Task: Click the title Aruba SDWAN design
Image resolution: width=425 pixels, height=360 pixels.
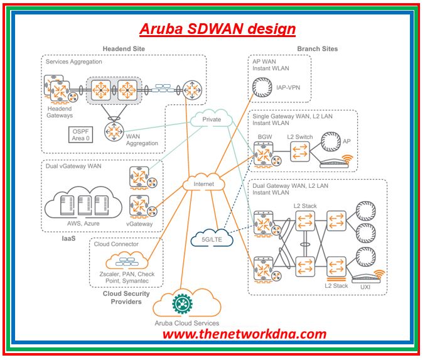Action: click(x=217, y=29)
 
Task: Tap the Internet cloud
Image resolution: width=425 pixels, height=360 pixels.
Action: click(x=203, y=184)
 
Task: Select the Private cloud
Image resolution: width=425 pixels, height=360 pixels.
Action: click(x=212, y=119)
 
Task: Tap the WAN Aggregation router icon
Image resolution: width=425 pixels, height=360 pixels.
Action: click(x=114, y=131)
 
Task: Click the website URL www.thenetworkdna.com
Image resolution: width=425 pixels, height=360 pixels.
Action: click(x=244, y=334)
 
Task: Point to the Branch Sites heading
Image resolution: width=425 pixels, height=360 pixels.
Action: click(x=317, y=49)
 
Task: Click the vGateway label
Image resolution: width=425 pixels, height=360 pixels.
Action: click(x=138, y=224)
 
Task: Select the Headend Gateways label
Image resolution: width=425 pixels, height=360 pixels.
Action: click(x=60, y=112)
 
